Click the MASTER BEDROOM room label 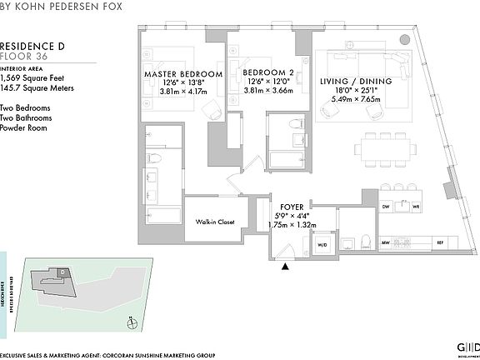(183, 74)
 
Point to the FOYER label (291, 202)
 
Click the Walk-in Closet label (213, 222)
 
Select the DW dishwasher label (386, 205)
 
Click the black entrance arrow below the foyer (286, 266)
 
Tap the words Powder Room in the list (22, 127)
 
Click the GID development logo (463, 347)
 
